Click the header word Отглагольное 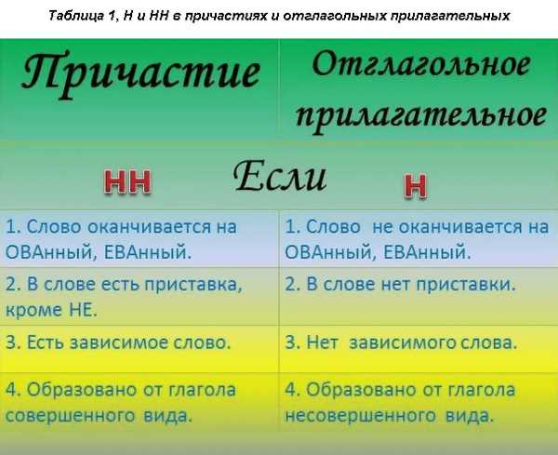(421, 65)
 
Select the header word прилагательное (421, 116)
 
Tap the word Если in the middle (280, 176)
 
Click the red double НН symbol (127, 182)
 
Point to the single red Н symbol (415, 186)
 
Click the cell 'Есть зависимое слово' (118, 342)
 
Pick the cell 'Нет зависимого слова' (401, 342)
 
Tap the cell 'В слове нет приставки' (400, 285)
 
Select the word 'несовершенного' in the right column (360, 416)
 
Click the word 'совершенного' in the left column (71, 416)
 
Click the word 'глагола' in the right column (481, 390)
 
